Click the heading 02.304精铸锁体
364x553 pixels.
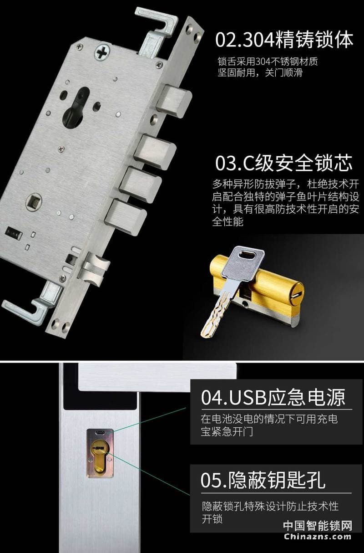point(284,40)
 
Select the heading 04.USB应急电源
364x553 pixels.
point(273,397)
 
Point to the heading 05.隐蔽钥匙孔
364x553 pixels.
point(263,480)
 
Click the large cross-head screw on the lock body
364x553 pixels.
point(102,51)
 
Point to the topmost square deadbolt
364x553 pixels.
point(174,100)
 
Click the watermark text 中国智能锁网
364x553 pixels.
point(318,526)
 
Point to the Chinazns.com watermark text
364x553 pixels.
point(318,536)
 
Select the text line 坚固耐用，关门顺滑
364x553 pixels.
point(260,72)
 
